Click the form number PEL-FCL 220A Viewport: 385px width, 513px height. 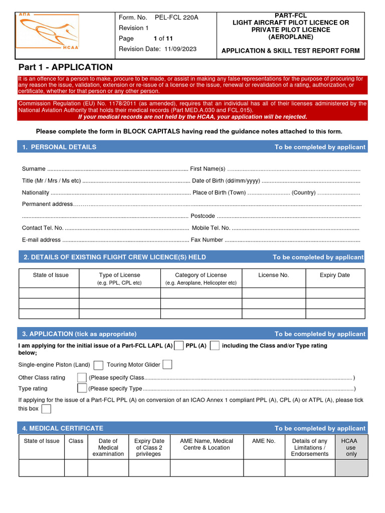177,18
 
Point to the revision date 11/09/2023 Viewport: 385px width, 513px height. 179,49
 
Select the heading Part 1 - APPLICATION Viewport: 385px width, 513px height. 66,67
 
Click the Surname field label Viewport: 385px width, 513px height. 34,169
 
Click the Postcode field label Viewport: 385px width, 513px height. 203,216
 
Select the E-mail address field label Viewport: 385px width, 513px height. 41,240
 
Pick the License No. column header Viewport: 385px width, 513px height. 273,275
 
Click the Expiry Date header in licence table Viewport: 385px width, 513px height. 334,275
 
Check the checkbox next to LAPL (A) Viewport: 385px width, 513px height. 178,345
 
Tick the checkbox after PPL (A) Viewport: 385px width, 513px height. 215,345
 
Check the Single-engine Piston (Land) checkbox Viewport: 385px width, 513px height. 99,365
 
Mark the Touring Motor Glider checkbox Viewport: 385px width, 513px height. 167,365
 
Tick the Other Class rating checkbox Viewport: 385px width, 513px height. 82,377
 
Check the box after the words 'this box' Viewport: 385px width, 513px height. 46,409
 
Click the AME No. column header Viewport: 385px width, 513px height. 264,441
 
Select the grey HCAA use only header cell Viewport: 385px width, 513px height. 351,447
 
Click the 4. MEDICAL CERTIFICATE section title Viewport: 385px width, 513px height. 63,428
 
